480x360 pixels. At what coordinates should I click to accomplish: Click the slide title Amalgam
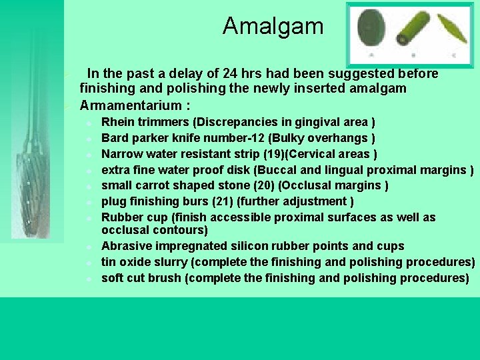tap(273, 26)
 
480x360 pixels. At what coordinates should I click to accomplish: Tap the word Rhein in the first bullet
tap(117, 123)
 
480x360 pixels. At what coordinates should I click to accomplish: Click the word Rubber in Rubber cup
tap(121, 217)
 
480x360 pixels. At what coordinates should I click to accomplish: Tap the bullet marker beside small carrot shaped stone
tap(89, 186)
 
